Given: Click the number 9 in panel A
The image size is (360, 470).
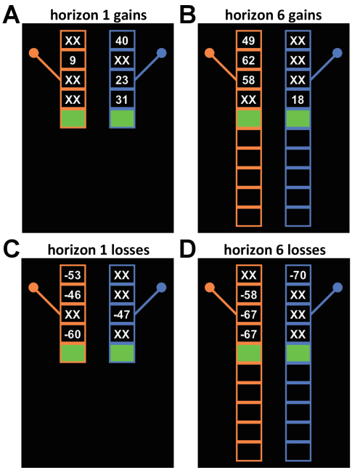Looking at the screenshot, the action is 73,60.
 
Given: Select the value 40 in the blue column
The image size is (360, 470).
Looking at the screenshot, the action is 122,41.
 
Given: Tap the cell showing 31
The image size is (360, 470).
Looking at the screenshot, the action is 122,100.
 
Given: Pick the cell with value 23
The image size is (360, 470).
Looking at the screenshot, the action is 122,80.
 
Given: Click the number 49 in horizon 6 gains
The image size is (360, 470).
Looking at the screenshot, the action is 248,41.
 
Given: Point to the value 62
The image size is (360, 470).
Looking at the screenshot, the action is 248,60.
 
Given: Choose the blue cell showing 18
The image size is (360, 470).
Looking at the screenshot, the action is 298,100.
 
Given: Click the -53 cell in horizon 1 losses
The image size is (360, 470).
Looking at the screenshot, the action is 73,275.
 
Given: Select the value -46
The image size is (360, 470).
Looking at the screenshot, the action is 73,295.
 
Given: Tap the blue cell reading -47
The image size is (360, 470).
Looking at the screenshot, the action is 122,315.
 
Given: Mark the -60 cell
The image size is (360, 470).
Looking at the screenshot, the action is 73,334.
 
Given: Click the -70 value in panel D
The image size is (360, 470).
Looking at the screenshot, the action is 298,275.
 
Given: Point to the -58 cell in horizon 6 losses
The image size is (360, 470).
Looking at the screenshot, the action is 248,295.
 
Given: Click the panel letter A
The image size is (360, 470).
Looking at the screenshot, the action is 11,15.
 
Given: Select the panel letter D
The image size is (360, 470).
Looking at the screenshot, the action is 187,250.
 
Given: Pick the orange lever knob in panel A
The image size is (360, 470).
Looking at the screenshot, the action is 34,53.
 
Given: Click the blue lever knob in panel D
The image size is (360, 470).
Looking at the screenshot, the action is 337,288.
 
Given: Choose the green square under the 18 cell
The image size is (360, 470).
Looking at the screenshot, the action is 298,118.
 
